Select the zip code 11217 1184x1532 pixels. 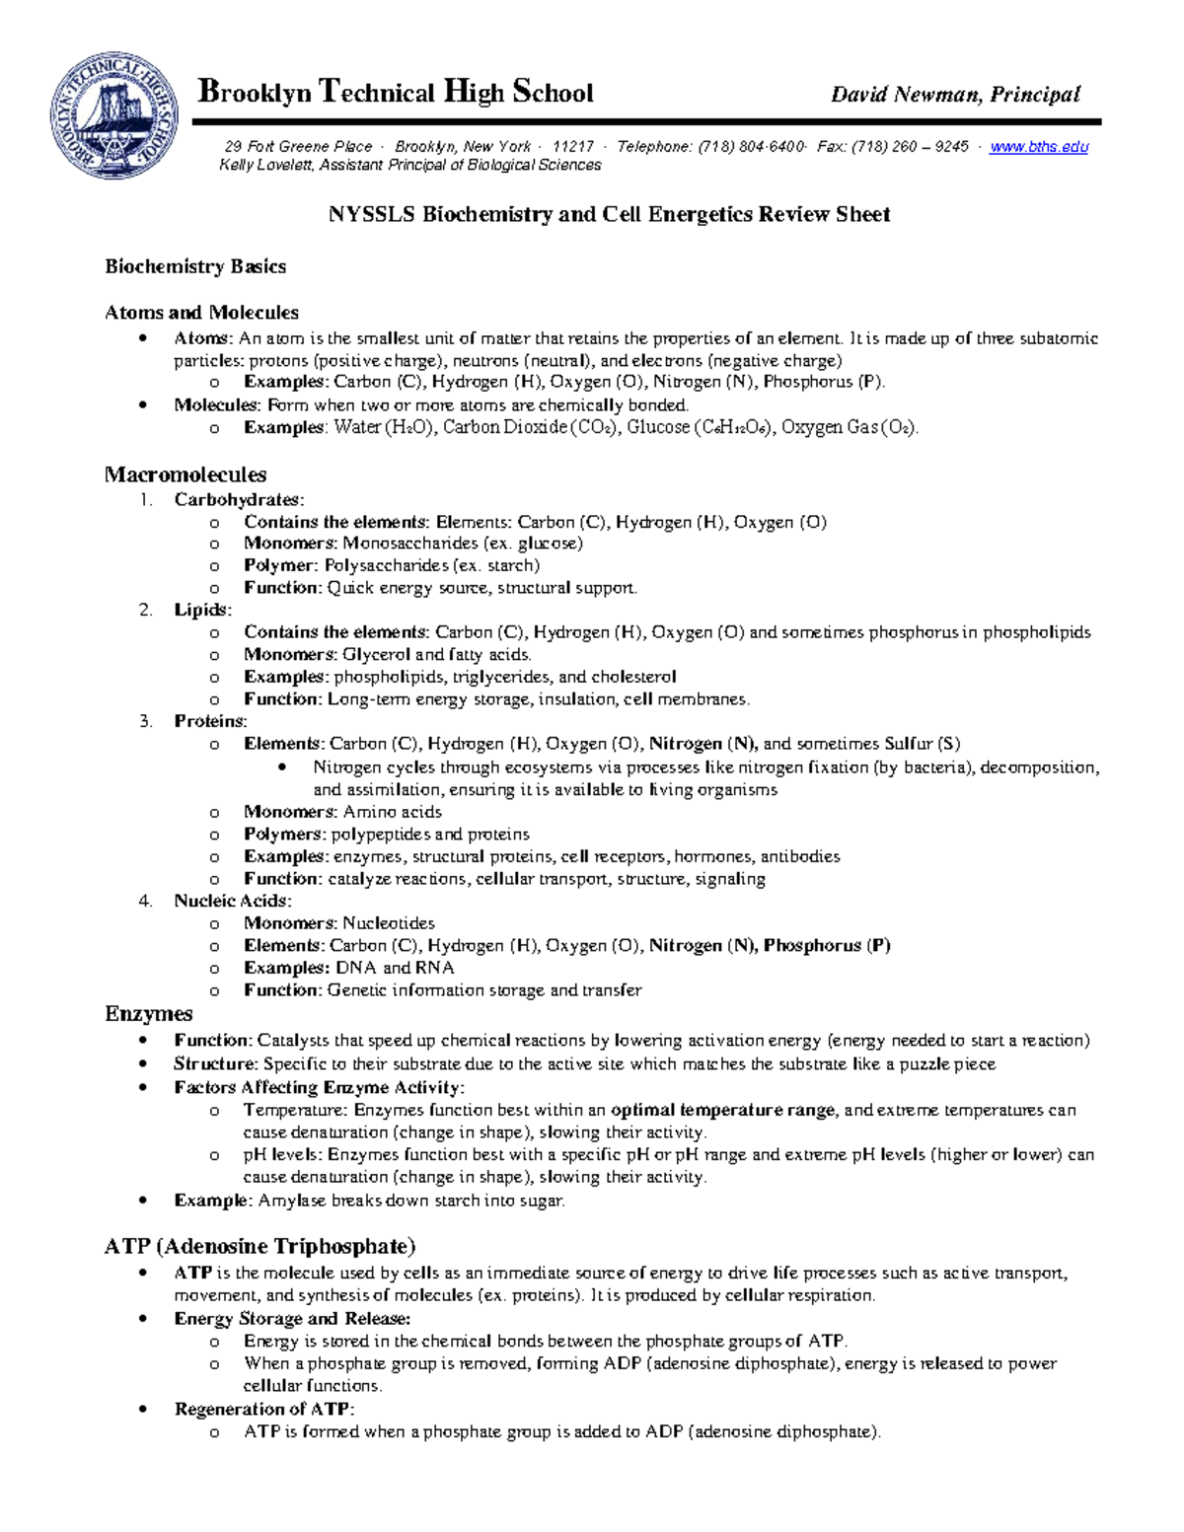573,147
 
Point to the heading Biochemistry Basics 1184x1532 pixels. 195,266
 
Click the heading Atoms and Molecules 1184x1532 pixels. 201,313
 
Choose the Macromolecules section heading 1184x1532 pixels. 185,474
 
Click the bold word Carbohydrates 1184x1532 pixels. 238,500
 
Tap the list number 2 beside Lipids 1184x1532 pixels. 146,611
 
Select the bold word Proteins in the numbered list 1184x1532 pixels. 209,721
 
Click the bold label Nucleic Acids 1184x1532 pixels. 232,901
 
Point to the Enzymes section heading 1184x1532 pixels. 148,1014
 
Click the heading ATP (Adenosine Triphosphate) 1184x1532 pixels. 260,1246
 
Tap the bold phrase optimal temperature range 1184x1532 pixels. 723,1110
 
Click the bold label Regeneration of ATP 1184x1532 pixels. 262,1409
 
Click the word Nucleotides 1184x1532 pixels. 389,923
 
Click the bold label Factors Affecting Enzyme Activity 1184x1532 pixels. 318,1087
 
